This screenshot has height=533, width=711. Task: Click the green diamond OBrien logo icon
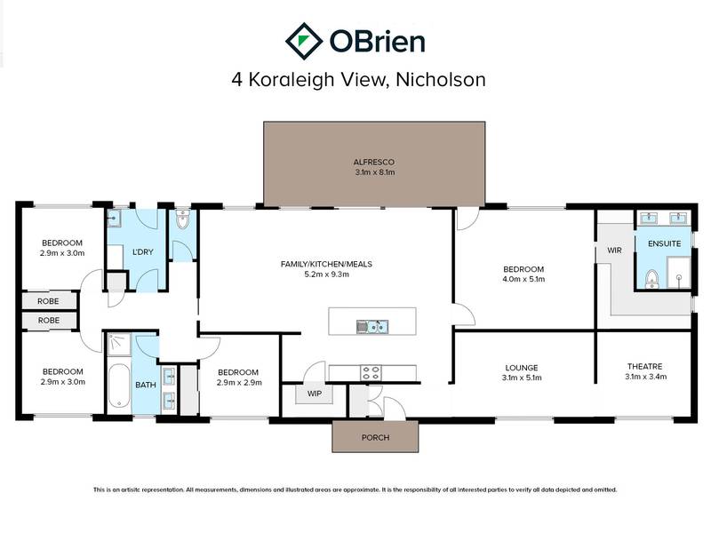coord(304,41)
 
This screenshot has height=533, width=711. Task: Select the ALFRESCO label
coord(373,162)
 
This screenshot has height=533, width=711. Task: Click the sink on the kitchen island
coord(371,326)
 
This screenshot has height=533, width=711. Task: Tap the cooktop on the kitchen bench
coord(371,371)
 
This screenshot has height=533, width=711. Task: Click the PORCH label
coord(374,438)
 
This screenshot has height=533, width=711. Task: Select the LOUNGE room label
coord(523,367)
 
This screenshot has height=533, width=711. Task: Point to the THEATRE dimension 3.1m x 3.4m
coord(644,378)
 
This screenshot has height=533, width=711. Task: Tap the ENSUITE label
coord(665,243)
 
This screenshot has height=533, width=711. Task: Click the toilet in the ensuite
coord(651,278)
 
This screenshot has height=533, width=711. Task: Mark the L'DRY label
coord(143,252)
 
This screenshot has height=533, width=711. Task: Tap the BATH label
coord(145,386)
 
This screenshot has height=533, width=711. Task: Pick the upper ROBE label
coord(49,301)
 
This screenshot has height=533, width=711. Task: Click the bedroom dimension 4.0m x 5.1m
coord(523,280)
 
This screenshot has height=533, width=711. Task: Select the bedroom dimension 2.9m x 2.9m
coord(238,383)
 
